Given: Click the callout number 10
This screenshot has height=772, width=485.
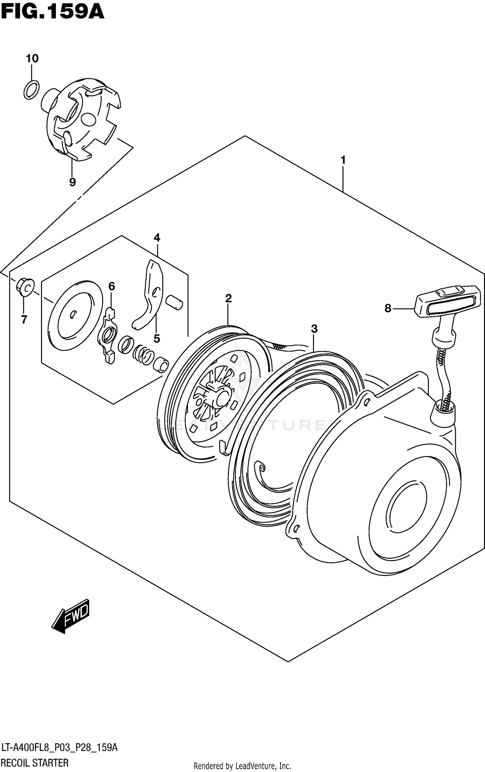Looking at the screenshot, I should pyautogui.click(x=32, y=59).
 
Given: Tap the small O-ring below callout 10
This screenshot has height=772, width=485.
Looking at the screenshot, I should pyautogui.click(x=31, y=90).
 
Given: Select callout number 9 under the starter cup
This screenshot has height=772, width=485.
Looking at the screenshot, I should pyautogui.click(x=72, y=182).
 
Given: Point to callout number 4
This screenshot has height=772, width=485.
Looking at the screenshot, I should pyautogui.click(x=157, y=238).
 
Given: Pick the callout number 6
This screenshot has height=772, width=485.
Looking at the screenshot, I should pyautogui.click(x=112, y=286).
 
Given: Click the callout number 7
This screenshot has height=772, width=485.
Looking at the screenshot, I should pyautogui.click(x=24, y=320).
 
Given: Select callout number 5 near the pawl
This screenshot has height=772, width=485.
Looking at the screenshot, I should pyautogui.click(x=156, y=339).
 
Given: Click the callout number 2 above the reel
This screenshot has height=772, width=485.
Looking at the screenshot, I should pyautogui.click(x=228, y=298).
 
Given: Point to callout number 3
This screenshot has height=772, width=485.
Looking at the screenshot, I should pyautogui.click(x=314, y=329).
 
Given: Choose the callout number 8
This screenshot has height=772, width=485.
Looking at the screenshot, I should pyautogui.click(x=388, y=308).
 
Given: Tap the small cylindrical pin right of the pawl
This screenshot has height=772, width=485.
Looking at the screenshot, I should pyautogui.click(x=174, y=302).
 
